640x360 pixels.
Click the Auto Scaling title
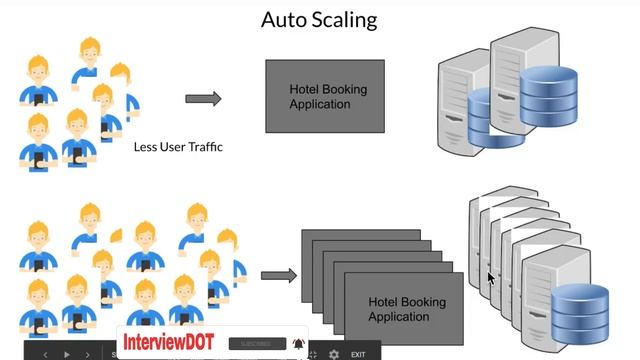point(319,19)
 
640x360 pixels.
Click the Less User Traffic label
point(178,147)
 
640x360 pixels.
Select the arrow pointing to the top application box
point(203,98)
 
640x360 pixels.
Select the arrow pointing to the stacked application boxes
point(279,275)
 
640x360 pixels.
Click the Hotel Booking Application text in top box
point(328,96)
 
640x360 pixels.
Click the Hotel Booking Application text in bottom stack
point(407,309)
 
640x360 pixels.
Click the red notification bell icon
point(298,344)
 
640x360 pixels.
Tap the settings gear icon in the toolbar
point(334,354)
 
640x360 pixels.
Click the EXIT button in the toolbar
point(358,354)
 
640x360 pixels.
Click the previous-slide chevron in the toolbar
point(45,354)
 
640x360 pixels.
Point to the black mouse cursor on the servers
point(490,278)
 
